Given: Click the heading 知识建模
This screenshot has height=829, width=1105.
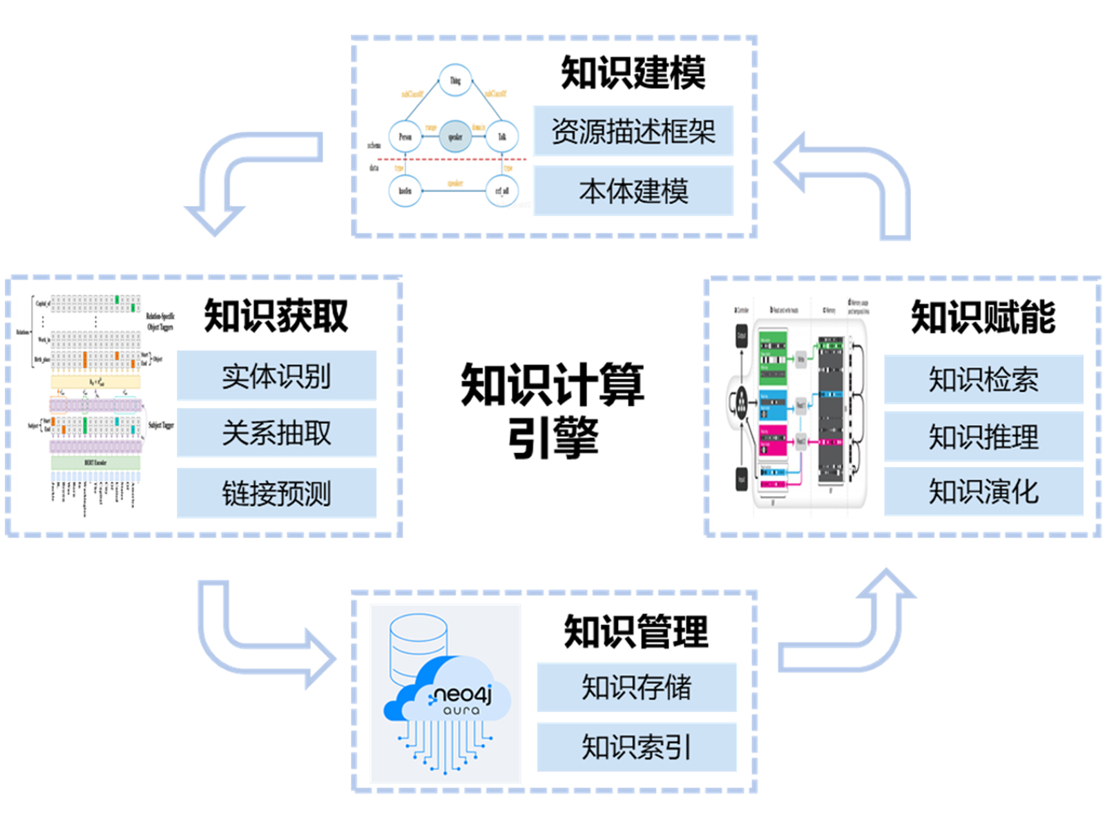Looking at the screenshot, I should pyautogui.click(x=633, y=73).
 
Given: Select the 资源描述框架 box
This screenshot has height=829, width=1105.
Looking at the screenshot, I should pyautogui.click(x=633, y=131).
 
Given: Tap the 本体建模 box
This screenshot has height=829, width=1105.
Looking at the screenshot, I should pyautogui.click(x=633, y=191).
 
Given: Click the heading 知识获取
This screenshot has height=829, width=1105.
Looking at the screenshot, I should pyautogui.click(x=276, y=316).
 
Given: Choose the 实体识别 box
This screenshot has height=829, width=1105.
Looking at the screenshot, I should pyautogui.click(x=276, y=376).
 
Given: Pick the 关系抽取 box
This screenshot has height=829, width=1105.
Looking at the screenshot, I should pyautogui.click(x=276, y=433).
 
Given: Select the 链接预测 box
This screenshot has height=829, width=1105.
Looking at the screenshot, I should pyautogui.click(x=276, y=493).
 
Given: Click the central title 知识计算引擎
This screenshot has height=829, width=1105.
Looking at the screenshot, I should pyautogui.click(x=552, y=410).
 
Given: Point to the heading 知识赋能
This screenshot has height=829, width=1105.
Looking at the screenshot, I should pyautogui.click(x=983, y=318).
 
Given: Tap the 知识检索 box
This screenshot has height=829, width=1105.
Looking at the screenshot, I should pyautogui.click(x=983, y=379).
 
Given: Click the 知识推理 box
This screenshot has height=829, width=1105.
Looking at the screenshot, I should pyautogui.click(x=983, y=437).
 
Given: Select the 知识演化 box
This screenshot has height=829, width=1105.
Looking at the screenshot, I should pyautogui.click(x=983, y=492).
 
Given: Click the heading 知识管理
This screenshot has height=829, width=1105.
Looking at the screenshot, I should pyautogui.click(x=636, y=631).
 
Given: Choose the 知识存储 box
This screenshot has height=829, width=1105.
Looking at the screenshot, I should pyautogui.click(x=636, y=687).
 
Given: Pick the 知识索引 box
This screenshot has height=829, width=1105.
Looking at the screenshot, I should pyautogui.click(x=636, y=747).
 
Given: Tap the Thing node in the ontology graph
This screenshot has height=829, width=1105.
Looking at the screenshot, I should pyautogui.click(x=455, y=81).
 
